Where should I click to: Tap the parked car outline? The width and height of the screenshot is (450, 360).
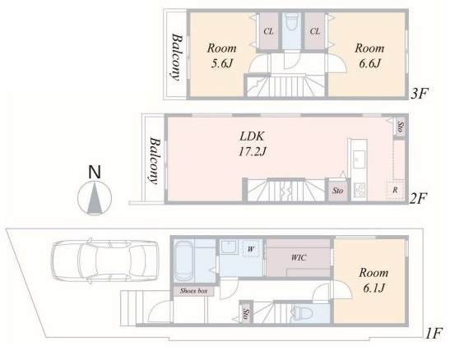[x=104, y=261]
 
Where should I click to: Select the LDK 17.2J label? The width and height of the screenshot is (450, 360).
[x=253, y=144]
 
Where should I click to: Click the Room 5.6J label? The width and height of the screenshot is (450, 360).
[x=222, y=56]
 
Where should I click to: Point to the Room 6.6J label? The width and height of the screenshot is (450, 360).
[x=369, y=56]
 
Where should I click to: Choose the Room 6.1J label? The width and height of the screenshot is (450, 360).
[x=373, y=280]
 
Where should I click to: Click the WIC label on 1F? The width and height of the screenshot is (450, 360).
[x=299, y=257]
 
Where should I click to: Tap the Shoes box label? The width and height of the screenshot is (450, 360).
[x=193, y=291]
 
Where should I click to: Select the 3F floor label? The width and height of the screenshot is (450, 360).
[x=420, y=94]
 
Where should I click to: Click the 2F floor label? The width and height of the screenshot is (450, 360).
[x=418, y=198]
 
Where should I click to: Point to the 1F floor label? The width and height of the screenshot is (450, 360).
[x=433, y=334]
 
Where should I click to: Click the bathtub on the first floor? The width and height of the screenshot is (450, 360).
[x=183, y=261]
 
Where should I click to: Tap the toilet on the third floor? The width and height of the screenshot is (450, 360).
[x=291, y=22]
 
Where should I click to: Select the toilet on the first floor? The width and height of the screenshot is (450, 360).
[x=301, y=313]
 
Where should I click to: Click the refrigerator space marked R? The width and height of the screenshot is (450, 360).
[x=395, y=190]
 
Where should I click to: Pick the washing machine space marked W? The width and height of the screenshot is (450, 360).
[x=251, y=249]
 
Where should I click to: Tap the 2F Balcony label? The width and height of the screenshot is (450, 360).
[x=155, y=160]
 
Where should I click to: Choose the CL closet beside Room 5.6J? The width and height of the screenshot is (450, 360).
[x=268, y=31]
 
